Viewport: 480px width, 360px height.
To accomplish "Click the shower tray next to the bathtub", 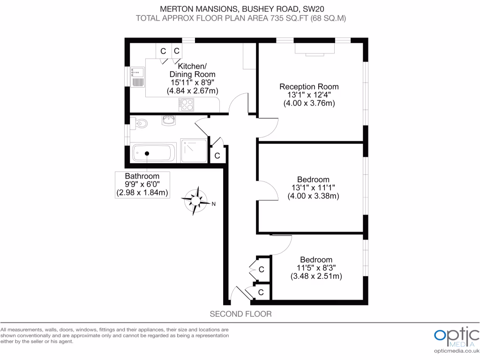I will point(193,150).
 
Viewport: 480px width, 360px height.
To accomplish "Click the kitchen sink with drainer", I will point(137,78).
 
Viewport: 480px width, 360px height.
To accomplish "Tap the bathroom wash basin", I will point(168,121).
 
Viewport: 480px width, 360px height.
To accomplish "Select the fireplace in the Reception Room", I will point(314,49).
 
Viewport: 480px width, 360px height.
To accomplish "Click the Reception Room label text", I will point(309,87).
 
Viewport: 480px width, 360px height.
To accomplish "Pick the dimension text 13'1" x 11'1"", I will point(313,188).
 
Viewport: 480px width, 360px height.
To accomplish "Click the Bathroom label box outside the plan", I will point(142,184).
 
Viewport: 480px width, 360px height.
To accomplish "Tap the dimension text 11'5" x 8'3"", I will point(316,268).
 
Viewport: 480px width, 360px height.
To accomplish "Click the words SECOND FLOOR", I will point(240,314).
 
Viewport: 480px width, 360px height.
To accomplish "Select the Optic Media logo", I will point(456,336).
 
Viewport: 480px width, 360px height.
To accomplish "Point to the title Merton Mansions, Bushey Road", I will point(240,8).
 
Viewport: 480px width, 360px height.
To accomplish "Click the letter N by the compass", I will point(213,204).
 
